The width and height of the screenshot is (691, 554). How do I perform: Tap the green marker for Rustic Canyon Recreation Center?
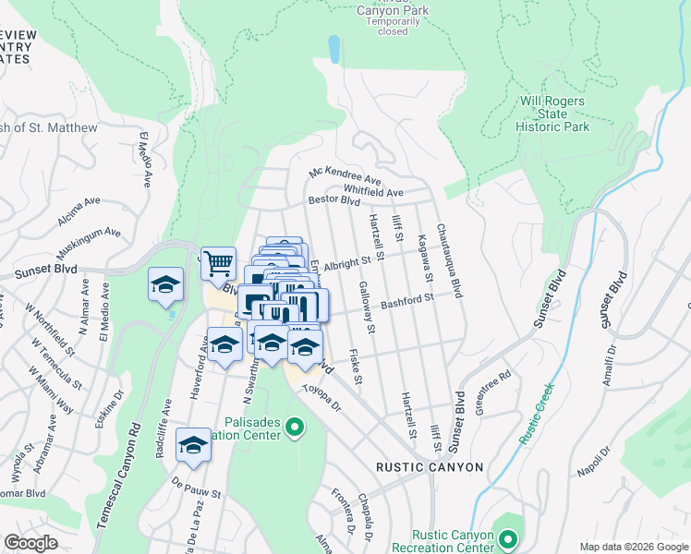tap(506, 537)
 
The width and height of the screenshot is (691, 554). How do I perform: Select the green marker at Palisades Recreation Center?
tap(295, 427)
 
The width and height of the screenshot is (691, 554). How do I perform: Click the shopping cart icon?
tap(218, 263)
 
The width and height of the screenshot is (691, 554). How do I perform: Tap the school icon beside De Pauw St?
tap(193, 445)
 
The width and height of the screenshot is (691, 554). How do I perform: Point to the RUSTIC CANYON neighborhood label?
tap(429, 467)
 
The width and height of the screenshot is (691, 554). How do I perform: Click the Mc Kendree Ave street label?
tap(345, 175)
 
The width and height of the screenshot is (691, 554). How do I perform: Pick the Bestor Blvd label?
tap(333, 200)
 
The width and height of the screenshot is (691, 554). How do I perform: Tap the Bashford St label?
tap(408, 301)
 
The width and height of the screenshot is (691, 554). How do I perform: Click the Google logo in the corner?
tap(31, 542)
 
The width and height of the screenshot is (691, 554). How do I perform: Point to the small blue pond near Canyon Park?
tap(333, 48)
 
